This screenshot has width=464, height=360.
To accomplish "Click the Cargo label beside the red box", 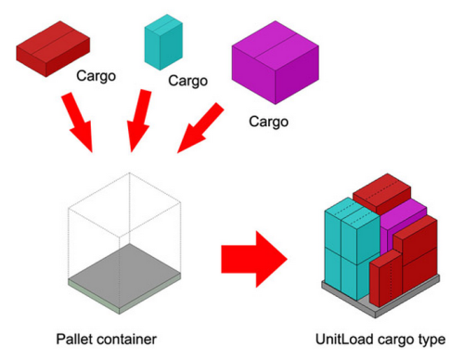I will (x=97, y=75).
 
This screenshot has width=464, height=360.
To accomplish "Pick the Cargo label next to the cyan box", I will (x=188, y=81).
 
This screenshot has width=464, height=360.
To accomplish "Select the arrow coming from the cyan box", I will (x=138, y=119).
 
